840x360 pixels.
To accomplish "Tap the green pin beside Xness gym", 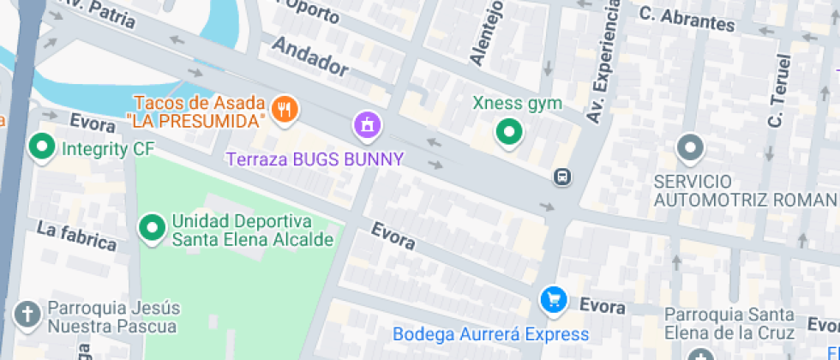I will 510,132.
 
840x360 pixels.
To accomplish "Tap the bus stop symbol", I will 562,177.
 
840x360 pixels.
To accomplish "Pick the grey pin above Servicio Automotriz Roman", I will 690,148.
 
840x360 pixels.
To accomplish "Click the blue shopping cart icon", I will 553,299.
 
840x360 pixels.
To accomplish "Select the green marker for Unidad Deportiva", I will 153,228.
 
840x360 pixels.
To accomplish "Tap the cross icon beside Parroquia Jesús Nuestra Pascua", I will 28,315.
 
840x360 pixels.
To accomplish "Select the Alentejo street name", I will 483,35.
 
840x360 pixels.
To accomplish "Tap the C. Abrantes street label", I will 687,18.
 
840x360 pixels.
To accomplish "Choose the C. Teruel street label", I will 778,91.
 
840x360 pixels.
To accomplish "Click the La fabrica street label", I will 76,236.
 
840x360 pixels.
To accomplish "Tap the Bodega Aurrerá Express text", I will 503,333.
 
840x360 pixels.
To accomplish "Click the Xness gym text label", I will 518,104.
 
